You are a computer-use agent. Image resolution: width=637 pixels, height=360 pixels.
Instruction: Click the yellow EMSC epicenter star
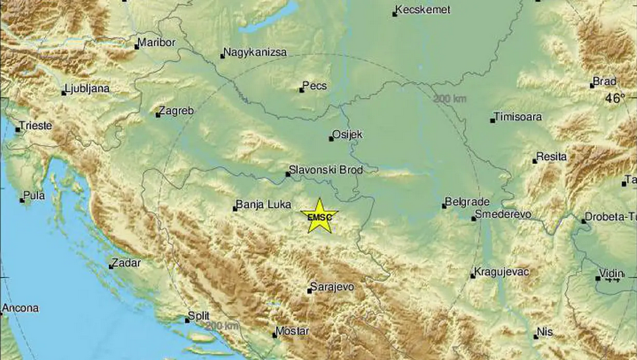point(320,215)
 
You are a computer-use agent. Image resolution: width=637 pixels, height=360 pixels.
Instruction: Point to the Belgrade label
point(469,201)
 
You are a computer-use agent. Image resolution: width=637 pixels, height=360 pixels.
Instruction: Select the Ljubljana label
point(88,89)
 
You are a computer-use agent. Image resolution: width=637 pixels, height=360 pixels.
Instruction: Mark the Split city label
point(199,317)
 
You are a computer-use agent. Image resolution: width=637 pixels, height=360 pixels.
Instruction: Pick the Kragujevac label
point(503,272)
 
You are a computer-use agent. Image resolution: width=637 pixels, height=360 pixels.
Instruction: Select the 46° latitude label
point(615,99)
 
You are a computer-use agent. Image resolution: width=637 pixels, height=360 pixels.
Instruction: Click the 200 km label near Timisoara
point(449,99)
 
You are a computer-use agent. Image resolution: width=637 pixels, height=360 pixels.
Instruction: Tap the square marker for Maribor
point(136,46)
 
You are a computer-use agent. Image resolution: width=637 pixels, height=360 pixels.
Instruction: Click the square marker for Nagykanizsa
point(223,56)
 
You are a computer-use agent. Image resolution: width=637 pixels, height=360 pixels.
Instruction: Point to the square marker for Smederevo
point(474,218)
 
